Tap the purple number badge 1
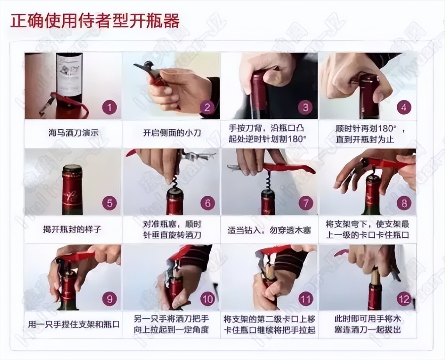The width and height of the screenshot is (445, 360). click(110, 107)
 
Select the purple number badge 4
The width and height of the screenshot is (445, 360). click(404, 107)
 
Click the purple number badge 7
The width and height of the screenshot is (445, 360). click(306, 203)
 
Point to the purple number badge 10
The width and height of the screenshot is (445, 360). click(208, 299)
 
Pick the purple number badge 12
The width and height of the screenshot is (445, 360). click(404, 299)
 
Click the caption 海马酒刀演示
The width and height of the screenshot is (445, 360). click(73, 133)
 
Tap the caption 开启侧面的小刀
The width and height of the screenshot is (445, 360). click(172, 133)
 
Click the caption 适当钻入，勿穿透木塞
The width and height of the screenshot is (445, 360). click(269, 230)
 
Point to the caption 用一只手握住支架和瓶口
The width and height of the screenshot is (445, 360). click(74, 325)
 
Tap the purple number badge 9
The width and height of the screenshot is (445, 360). click(110, 299)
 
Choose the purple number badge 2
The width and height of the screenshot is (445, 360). click(208, 107)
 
